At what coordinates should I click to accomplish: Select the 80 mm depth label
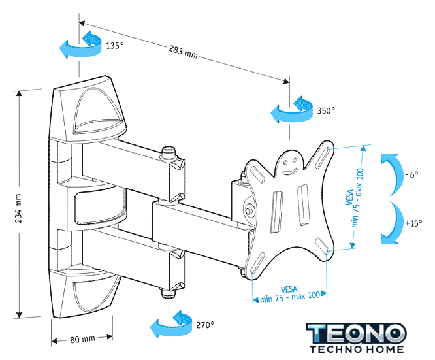coord(83,339)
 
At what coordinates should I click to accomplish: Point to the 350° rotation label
coord(326,110)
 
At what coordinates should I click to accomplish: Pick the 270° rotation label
coord(204,324)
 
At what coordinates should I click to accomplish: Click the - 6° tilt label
coord(412,175)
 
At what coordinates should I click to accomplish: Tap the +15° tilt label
coord(413,223)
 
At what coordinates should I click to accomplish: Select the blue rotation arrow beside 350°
coord(291,110)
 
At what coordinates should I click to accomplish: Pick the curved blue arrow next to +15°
coord(389,223)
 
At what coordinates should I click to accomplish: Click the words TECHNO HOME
coord(357,350)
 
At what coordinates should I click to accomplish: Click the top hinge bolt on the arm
coord(169,152)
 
